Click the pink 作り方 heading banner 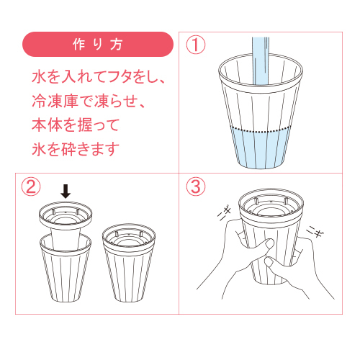click(x=98, y=44)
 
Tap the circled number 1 click(x=196, y=45)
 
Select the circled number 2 click(x=31, y=186)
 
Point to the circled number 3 click(x=196, y=186)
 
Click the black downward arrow click(x=66, y=192)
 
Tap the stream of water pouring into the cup click(x=261, y=61)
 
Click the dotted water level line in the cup click(x=261, y=130)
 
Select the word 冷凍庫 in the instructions click(x=55, y=101)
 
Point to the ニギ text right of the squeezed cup click(x=316, y=232)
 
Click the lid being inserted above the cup click(x=66, y=225)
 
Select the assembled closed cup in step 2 click(x=129, y=263)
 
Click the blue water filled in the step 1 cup click(x=261, y=149)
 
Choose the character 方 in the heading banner click(x=117, y=44)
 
